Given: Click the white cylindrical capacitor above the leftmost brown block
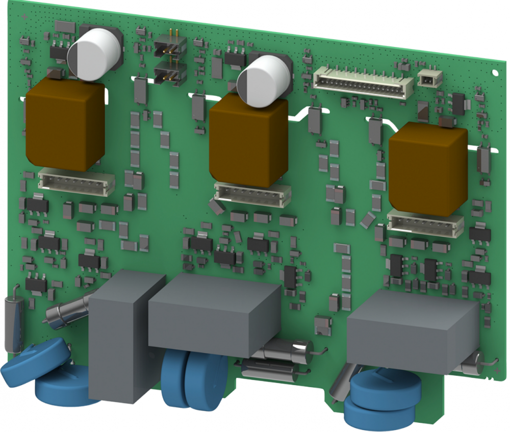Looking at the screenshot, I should click(94, 54).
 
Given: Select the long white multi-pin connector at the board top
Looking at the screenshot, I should click(363, 82).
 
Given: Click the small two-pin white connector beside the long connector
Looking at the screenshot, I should click(430, 78).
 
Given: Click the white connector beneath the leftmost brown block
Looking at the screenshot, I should click(75, 181).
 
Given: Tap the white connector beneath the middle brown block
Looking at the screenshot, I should click(252, 193).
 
